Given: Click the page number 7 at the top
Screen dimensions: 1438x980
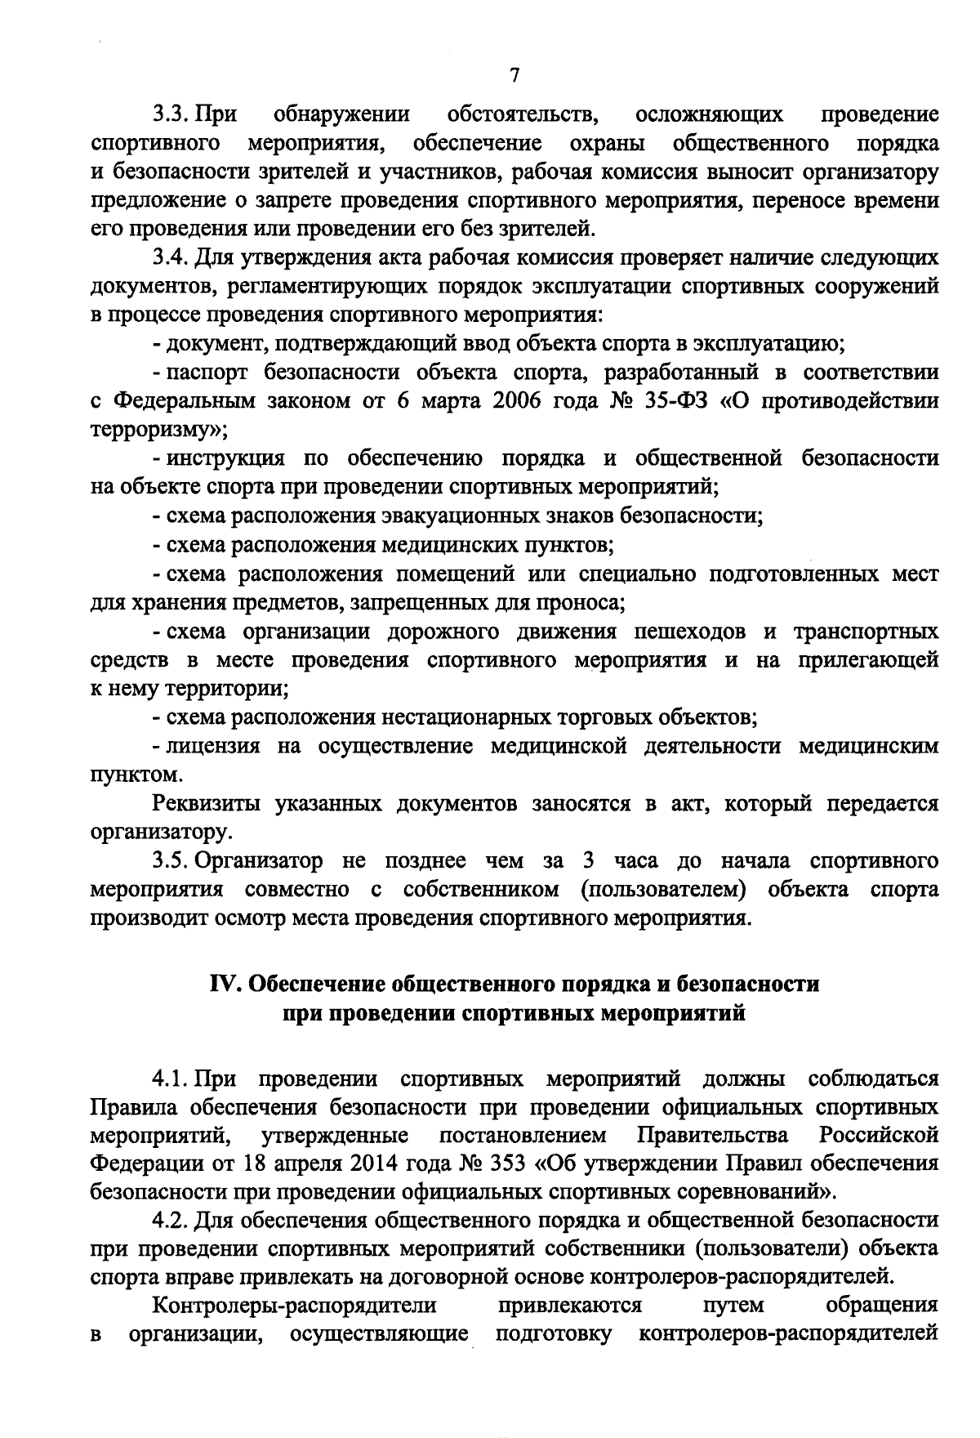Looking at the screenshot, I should pyautogui.click(x=514, y=76).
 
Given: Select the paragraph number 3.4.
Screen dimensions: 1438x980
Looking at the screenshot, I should pyautogui.click(x=171, y=258).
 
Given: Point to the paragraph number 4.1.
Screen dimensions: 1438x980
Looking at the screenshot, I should pyautogui.click(x=171, y=1078).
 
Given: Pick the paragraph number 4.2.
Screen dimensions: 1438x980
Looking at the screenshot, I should pyautogui.click(x=171, y=1220).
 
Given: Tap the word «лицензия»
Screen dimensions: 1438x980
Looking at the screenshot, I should pyautogui.click(x=213, y=746).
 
